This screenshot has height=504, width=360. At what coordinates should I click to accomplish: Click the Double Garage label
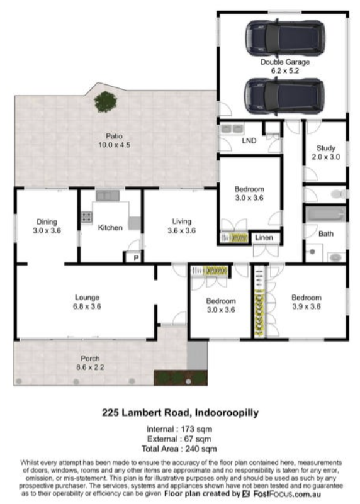click(284, 62)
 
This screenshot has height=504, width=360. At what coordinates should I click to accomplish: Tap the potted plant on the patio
click(106, 102)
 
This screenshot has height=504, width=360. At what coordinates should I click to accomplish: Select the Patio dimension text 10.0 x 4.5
click(115, 145)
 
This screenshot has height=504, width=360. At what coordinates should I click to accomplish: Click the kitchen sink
click(108, 196)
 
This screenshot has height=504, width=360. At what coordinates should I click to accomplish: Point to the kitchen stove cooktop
click(86, 217)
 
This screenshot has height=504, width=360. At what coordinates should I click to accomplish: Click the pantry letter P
click(136, 258)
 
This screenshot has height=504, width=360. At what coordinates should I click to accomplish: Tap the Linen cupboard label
click(264, 238)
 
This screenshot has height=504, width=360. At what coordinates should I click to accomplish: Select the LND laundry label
click(249, 141)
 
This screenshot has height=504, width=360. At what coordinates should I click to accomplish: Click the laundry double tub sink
click(232, 129)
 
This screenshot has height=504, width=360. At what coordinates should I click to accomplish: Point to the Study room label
click(326, 148)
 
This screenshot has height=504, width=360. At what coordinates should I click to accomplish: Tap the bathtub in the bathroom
click(325, 215)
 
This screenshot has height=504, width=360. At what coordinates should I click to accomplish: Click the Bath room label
click(326, 233)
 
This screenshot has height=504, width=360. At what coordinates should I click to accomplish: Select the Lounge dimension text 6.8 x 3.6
click(87, 306)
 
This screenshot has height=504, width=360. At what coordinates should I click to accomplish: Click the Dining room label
click(47, 221)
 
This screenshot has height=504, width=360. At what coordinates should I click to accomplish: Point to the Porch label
click(90, 359)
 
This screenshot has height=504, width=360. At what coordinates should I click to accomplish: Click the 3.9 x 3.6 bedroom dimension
click(307, 306)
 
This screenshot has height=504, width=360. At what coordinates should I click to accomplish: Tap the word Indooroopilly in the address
click(227, 413)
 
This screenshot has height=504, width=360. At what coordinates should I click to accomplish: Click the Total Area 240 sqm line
click(179, 449)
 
